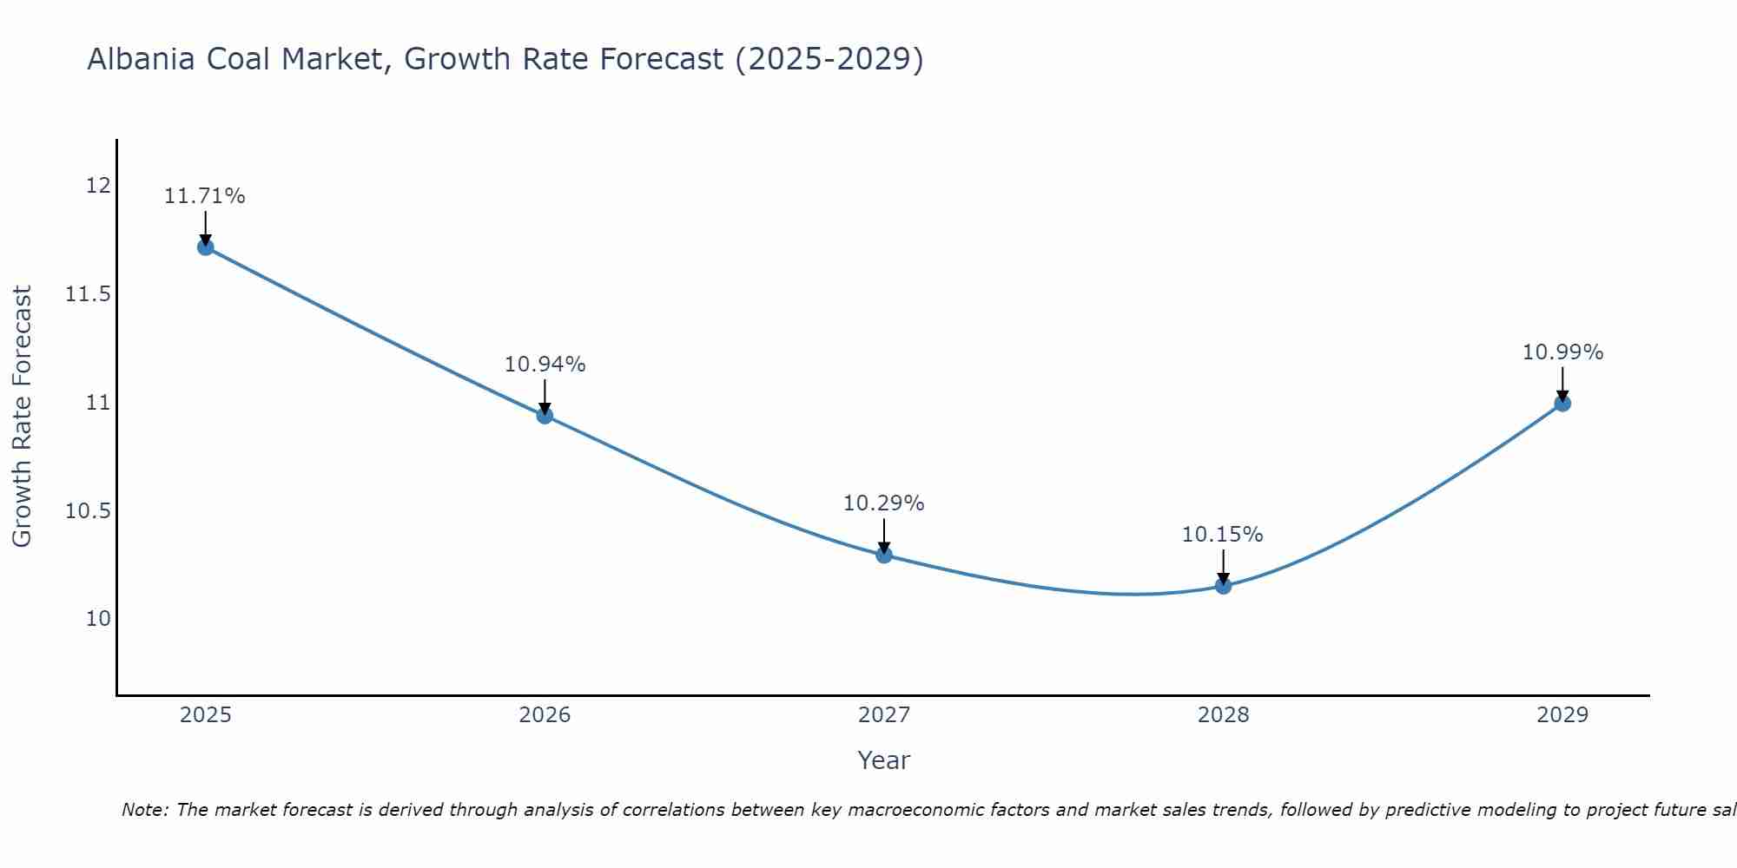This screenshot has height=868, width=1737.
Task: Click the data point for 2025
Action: [205, 247]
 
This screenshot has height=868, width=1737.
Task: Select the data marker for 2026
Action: [545, 415]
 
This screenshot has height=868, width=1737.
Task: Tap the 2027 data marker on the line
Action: [884, 555]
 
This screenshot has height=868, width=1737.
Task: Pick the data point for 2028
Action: [1223, 586]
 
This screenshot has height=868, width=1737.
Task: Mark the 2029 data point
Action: [1562, 403]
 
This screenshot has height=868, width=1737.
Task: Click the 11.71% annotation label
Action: [205, 196]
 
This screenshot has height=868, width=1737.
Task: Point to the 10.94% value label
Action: [545, 365]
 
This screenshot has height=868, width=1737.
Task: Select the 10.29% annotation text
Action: [884, 503]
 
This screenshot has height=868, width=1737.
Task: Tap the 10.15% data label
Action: [1223, 535]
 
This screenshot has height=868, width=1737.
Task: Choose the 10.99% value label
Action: [1562, 352]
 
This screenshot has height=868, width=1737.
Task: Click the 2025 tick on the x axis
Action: [205, 715]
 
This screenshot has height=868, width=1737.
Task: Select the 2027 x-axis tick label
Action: [884, 715]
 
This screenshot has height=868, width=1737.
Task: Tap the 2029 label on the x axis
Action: [1562, 715]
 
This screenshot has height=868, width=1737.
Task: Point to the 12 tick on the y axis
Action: [98, 186]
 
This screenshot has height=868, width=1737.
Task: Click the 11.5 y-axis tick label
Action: [88, 294]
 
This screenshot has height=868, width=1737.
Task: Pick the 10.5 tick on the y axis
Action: [88, 510]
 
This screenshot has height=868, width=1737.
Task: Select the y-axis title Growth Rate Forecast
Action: [22, 417]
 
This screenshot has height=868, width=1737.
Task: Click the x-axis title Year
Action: [884, 760]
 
